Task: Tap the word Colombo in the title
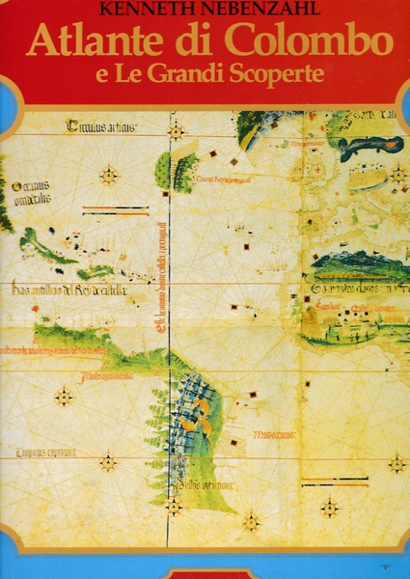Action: click(x=302, y=43)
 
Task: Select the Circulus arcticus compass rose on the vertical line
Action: click(x=177, y=129)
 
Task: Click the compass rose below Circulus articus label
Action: click(x=109, y=176)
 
